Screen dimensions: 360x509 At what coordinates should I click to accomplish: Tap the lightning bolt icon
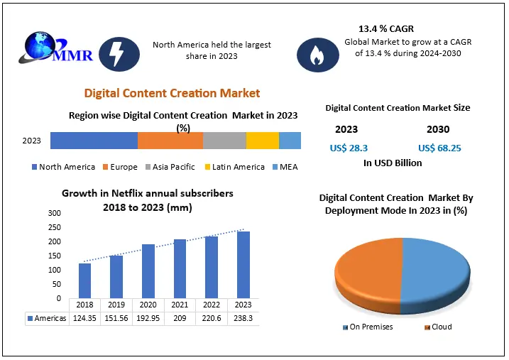pos(114,53)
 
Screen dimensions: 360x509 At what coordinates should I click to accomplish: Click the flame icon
pos(313,55)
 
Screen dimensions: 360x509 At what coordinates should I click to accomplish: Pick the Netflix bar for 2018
pos(84,281)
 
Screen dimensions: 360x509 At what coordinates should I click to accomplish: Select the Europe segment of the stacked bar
pos(170,141)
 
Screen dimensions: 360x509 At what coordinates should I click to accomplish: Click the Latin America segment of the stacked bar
pos(263,141)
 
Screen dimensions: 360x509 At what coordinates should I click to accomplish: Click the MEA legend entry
pos(284,167)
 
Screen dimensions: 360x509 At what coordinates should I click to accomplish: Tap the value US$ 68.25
pos(440,148)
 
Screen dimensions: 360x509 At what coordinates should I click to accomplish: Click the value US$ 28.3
pos(348,148)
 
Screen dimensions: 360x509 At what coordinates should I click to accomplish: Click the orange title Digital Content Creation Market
pos(172,93)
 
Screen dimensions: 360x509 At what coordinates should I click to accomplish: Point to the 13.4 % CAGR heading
pos(387,29)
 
